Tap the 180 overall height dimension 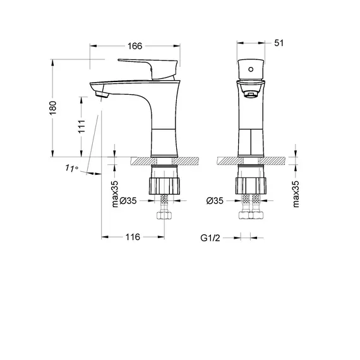[54, 109]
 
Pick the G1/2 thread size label [210, 237]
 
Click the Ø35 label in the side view [128, 201]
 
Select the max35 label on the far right [296, 194]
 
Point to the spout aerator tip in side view [102, 95]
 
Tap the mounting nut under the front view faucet [251, 185]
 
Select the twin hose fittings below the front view [251, 214]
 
